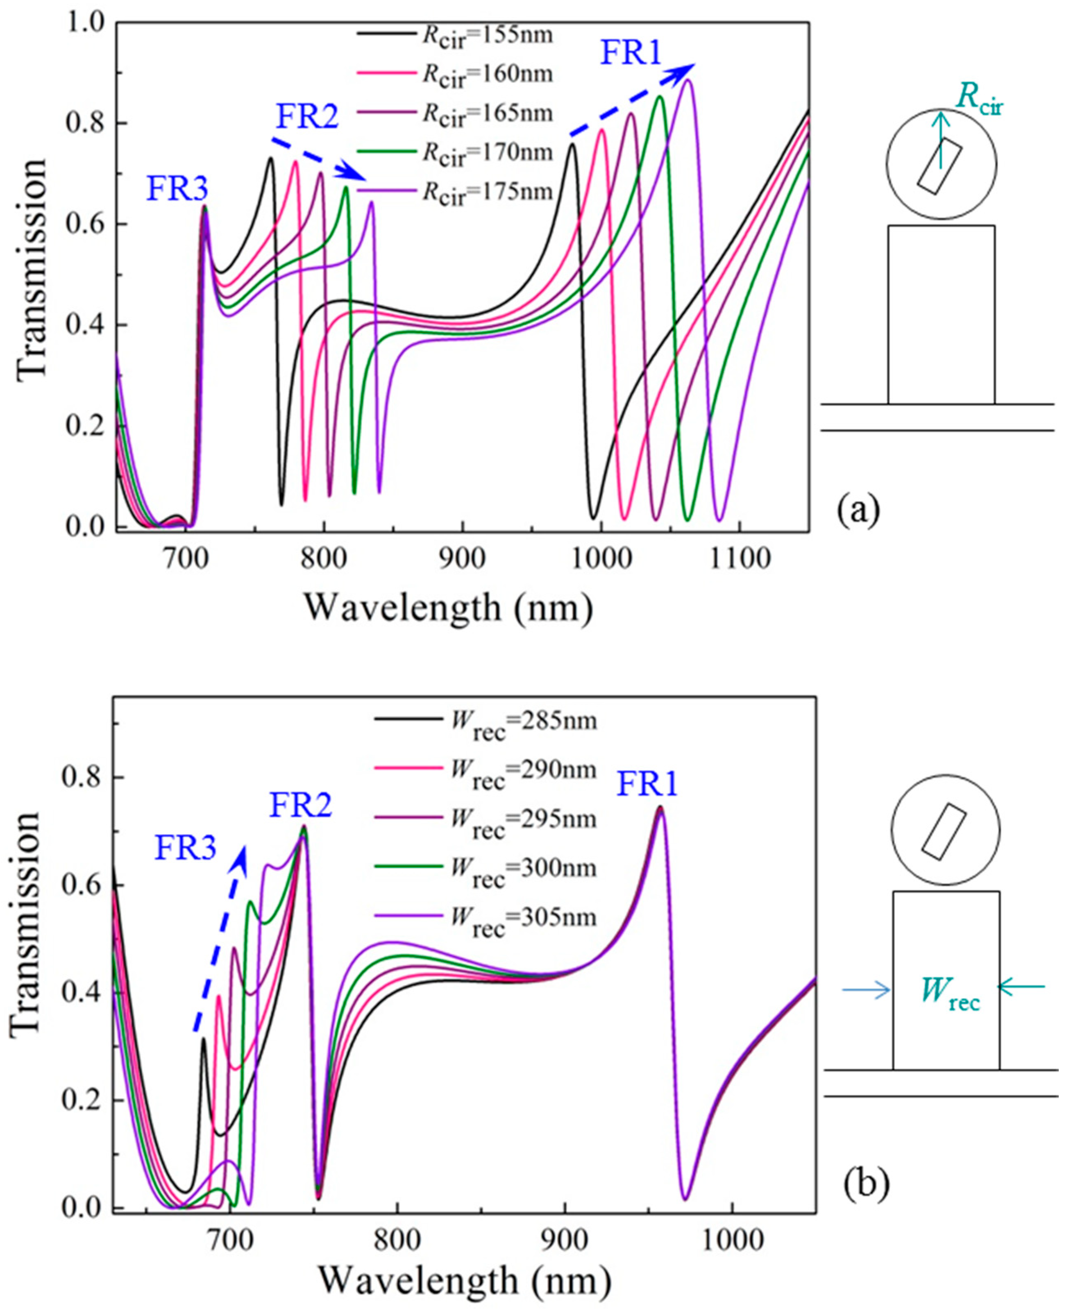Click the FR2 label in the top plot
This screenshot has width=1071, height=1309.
[x=306, y=116]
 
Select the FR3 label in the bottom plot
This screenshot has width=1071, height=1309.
[x=185, y=848]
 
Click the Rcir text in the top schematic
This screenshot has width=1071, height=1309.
[x=980, y=100]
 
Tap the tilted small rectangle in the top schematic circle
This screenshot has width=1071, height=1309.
[x=939, y=166]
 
